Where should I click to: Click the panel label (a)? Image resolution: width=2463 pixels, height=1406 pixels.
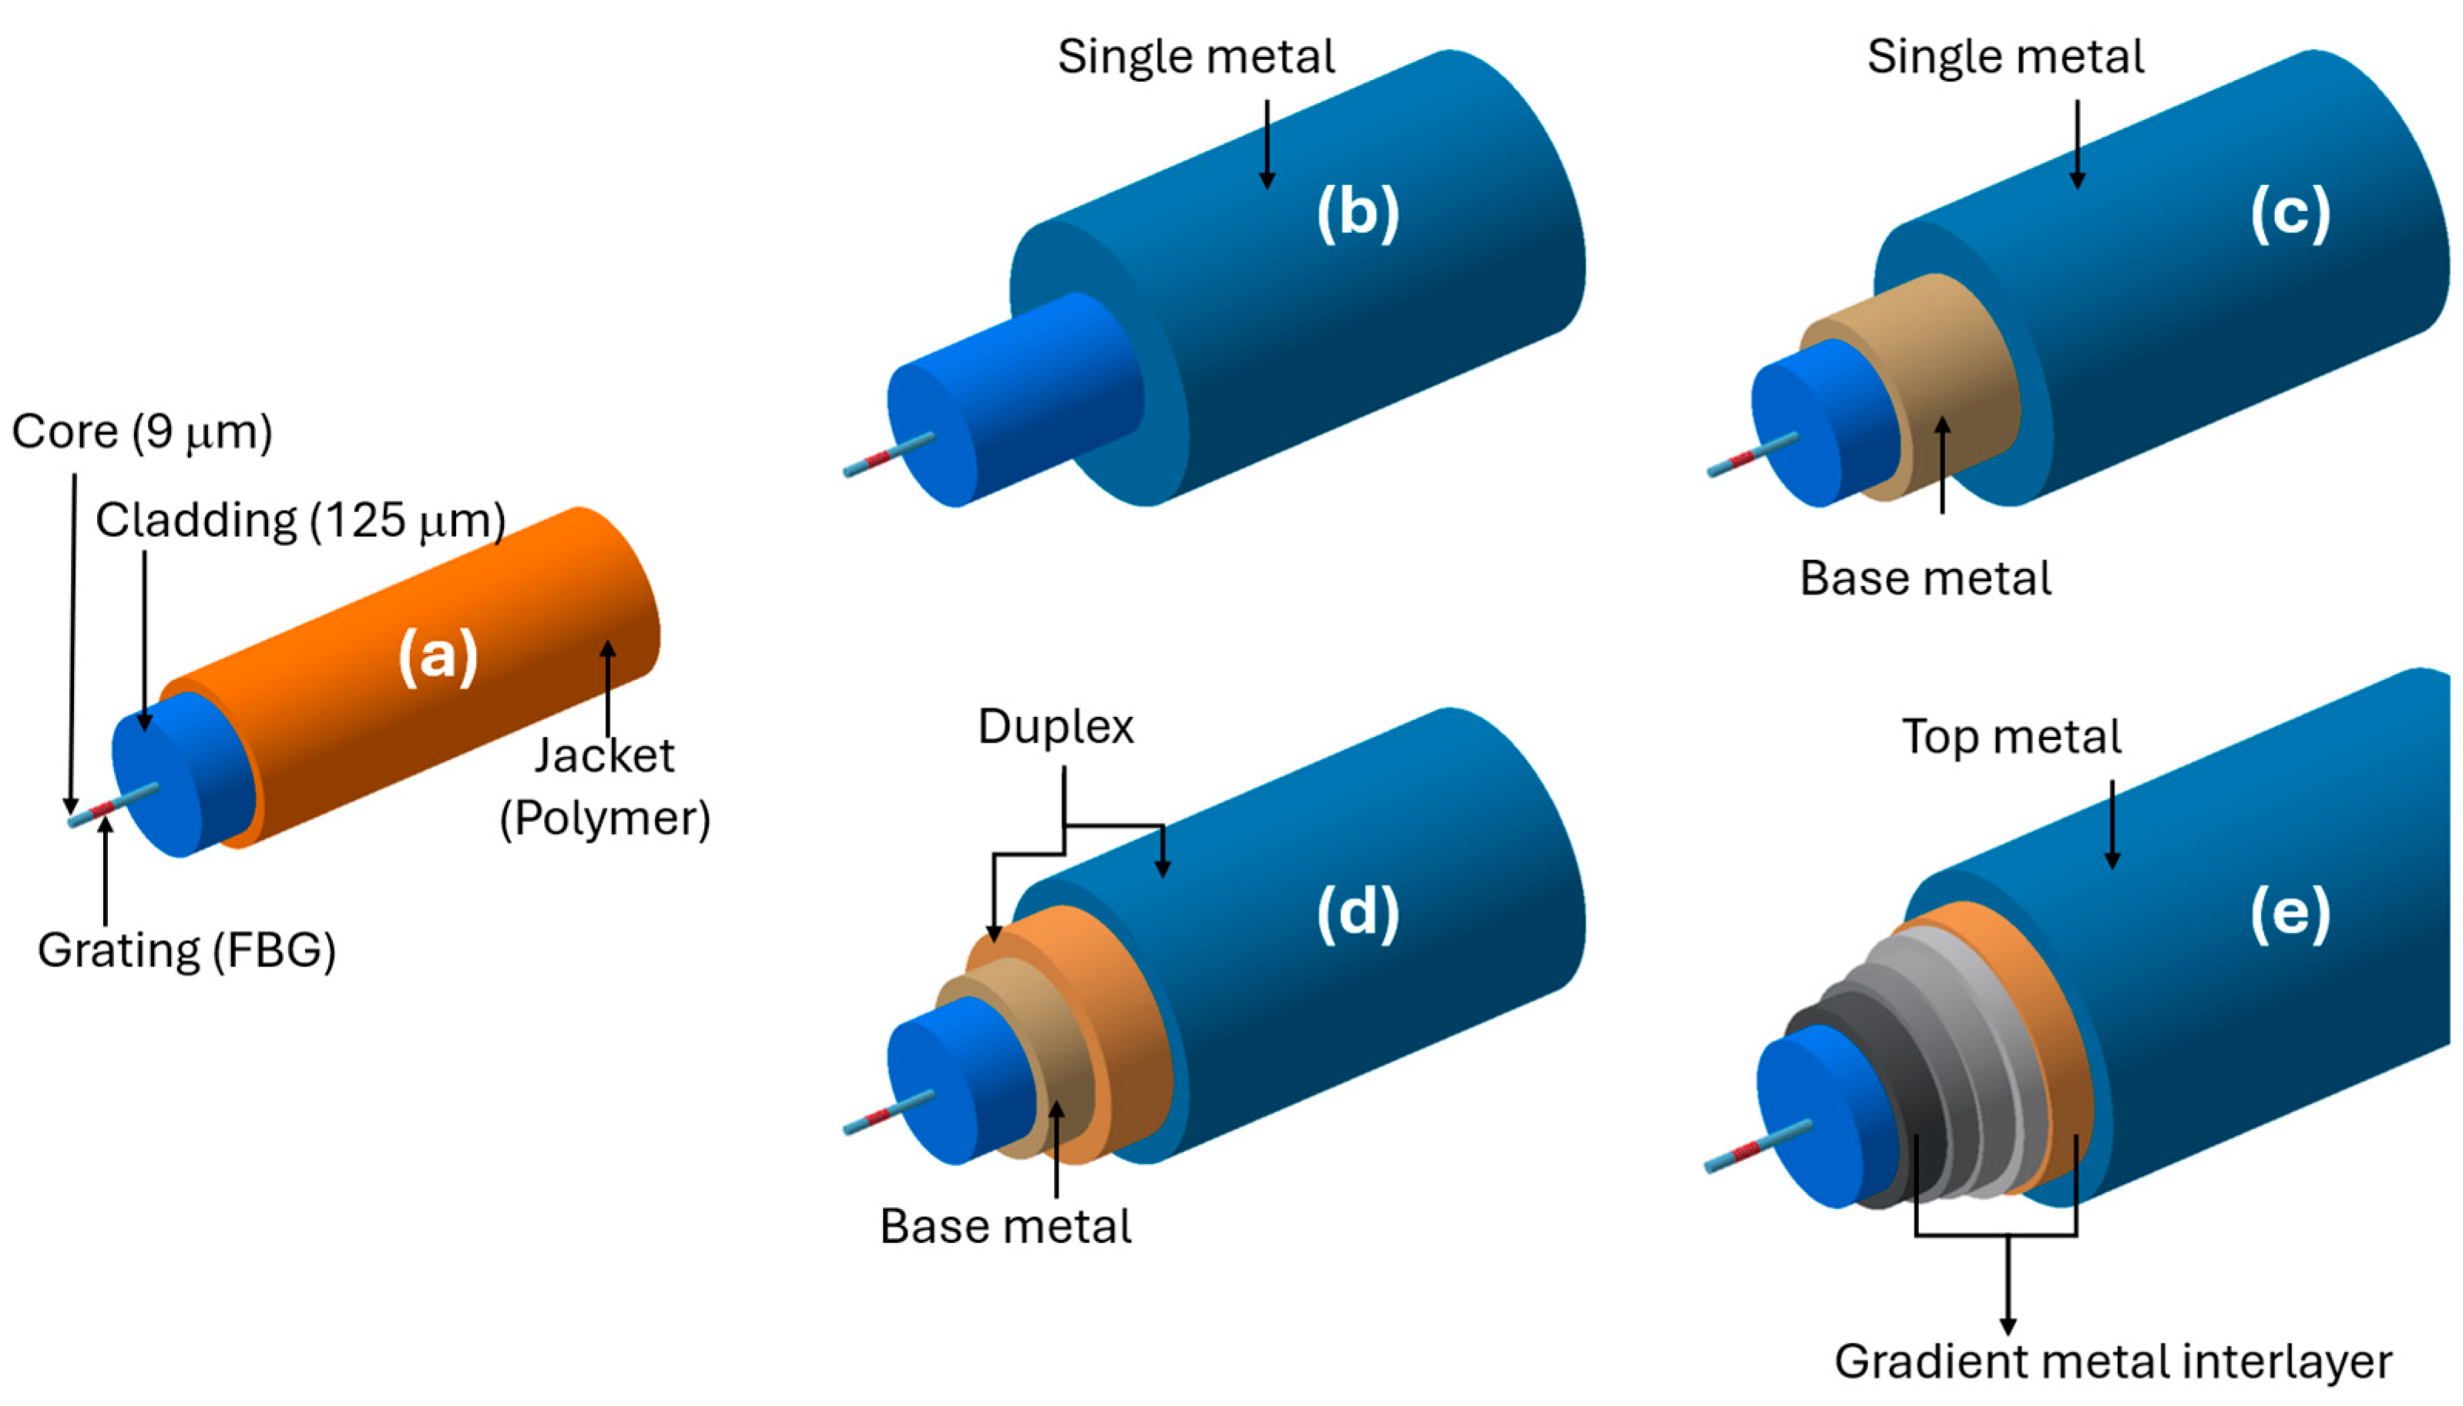[438, 656]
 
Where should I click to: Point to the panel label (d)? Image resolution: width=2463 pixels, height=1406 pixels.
[1357, 912]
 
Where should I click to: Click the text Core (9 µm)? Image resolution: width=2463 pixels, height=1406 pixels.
[142, 432]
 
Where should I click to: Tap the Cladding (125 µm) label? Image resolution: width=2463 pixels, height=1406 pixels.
[300, 521]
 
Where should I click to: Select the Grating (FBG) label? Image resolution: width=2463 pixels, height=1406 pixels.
[186, 950]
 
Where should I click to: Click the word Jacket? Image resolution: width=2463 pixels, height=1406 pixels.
[605, 755]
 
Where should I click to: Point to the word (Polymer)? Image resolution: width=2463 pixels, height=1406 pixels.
[605, 818]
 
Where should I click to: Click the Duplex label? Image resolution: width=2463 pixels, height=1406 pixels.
[1055, 726]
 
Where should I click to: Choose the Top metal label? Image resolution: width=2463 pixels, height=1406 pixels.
[2012, 737]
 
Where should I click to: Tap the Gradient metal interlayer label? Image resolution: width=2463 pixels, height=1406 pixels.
[2112, 1361]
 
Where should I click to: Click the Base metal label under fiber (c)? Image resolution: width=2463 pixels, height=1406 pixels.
[1925, 578]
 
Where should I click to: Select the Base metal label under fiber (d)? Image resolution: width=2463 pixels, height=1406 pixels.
[1005, 1227]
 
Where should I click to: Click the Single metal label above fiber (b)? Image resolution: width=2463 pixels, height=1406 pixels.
[1196, 56]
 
